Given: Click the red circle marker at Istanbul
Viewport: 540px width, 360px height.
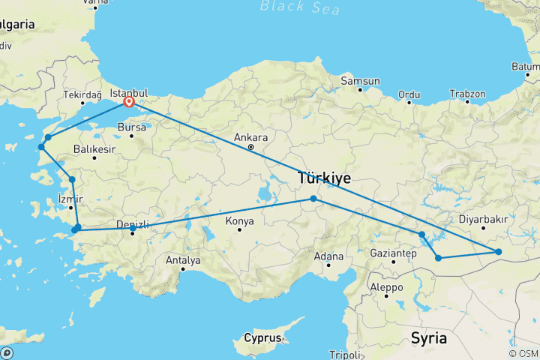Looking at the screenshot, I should click(129, 101).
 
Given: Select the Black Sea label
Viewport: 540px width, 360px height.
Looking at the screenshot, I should click(300, 7).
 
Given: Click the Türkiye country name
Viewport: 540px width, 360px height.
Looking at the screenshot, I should click(325, 178).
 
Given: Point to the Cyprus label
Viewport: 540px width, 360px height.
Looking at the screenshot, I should click(262, 338).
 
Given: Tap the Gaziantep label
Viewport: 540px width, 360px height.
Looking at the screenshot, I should click(393, 254).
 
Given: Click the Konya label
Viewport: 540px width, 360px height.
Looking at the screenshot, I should click(240, 222).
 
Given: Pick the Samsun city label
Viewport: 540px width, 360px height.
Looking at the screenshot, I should click(360, 80).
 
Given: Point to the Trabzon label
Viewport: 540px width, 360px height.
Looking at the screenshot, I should click(467, 94).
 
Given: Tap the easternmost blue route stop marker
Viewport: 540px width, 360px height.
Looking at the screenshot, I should click(498, 251).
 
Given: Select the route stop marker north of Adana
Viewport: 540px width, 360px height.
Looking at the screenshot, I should click(313, 199).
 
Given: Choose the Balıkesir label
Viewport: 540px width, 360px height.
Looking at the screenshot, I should click(94, 150).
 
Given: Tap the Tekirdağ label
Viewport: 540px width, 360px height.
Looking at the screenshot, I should click(81, 95).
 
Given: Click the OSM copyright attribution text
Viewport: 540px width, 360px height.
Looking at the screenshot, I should click(523, 353).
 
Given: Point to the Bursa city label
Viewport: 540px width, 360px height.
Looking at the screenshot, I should click(131, 127).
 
